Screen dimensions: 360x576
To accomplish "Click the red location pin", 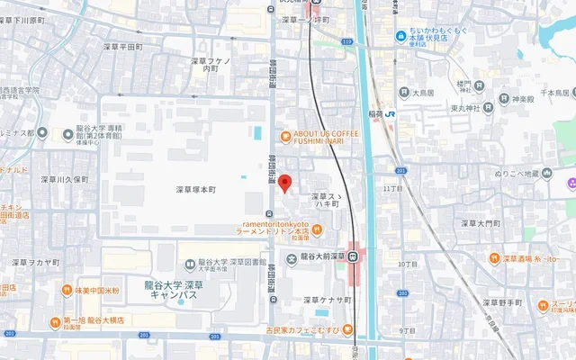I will (x=284, y=183).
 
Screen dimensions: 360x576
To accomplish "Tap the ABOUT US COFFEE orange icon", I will (x=285, y=137).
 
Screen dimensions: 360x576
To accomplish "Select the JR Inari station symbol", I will (x=390, y=114).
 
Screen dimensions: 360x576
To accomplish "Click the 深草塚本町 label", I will (x=196, y=190).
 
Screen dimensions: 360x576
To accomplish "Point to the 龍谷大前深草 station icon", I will (x=355, y=256).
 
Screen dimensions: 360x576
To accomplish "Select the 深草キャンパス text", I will (x=177, y=294).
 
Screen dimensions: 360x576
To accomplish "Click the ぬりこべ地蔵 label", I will (x=517, y=172).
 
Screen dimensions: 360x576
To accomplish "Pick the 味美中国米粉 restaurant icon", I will (x=67, y=291).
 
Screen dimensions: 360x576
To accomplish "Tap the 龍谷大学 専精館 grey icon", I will (x=68, y=135).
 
